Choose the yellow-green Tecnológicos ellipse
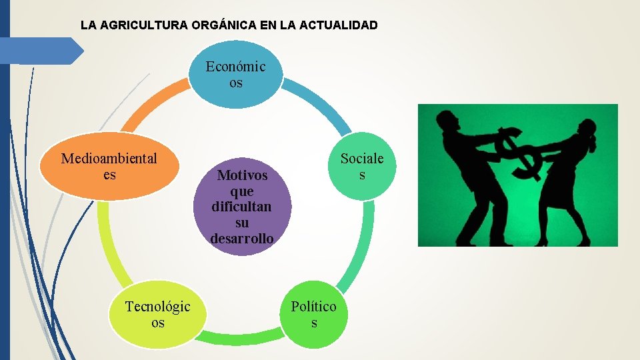coord(157,314)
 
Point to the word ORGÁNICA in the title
coord(217,25)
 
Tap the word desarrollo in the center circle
coord(242,238)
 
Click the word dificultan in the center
coord(242,207)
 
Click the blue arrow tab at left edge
coord(40,51)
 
